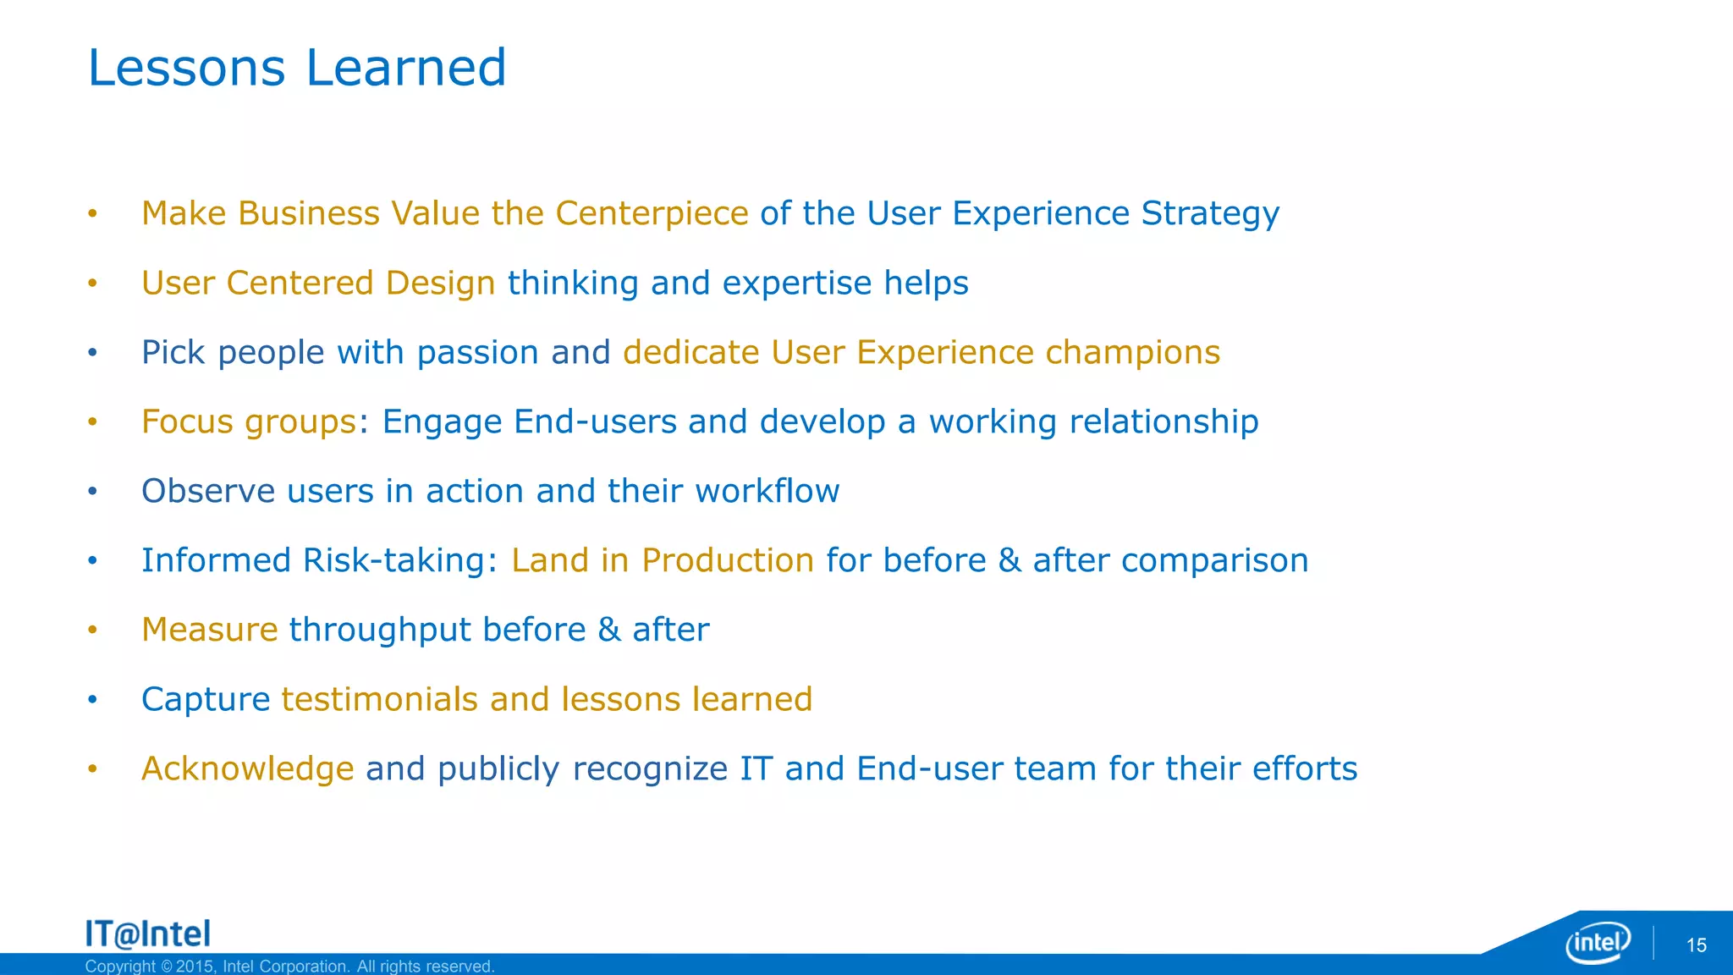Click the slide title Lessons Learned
[x=296, y=68]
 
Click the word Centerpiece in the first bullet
[x=652, y=213]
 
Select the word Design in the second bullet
[x=440, y=284]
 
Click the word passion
[x=477, y=353]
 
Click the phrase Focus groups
[x=249, y=422]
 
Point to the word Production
[x=728, y=561]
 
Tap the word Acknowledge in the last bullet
[x=247, y=769]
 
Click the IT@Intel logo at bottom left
[x=148, y=934]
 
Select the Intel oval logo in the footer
[x=1598, y=942]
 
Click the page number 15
[x=1696, y=945]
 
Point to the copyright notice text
[x=289, y=967]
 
